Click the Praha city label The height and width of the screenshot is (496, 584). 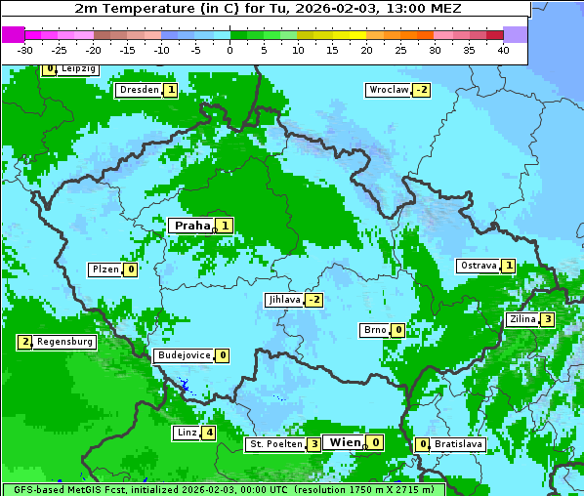[191, 226]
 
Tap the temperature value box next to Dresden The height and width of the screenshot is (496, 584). [171, 90]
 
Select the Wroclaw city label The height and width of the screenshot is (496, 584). [388, 90]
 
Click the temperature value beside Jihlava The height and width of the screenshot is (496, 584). [313, 300]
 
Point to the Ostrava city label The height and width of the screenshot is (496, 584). [479, 266]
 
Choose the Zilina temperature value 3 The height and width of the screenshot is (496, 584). [548, 319]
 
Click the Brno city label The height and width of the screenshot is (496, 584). [375, 330]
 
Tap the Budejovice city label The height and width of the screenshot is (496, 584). [183, 355]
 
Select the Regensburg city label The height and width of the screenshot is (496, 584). [65, 342]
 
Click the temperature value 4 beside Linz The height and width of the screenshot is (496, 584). [209, 433]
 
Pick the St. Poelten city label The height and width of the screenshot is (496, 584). [274, 444]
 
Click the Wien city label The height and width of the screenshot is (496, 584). [345, 442]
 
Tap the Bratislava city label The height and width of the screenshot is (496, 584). [458, 444]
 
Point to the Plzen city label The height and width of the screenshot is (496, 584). [104, 269]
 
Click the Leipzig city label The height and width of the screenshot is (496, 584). [77, 69]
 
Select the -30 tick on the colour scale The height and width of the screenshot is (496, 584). [25, 50]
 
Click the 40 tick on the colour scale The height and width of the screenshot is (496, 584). [503, 50]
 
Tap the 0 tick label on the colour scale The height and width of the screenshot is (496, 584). [230, 50]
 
